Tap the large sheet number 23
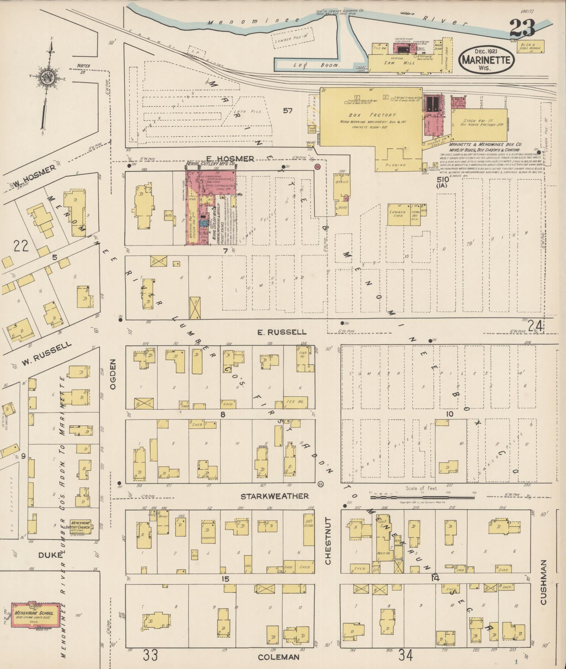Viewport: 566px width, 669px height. [x=522, y=28]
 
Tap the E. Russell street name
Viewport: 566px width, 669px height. [x=281, y=332]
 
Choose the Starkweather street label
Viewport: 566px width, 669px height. [x=274, y=496]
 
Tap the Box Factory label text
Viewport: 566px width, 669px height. [x=372, y=115]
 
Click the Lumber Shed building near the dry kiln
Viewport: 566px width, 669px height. [x=398, y=215]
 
